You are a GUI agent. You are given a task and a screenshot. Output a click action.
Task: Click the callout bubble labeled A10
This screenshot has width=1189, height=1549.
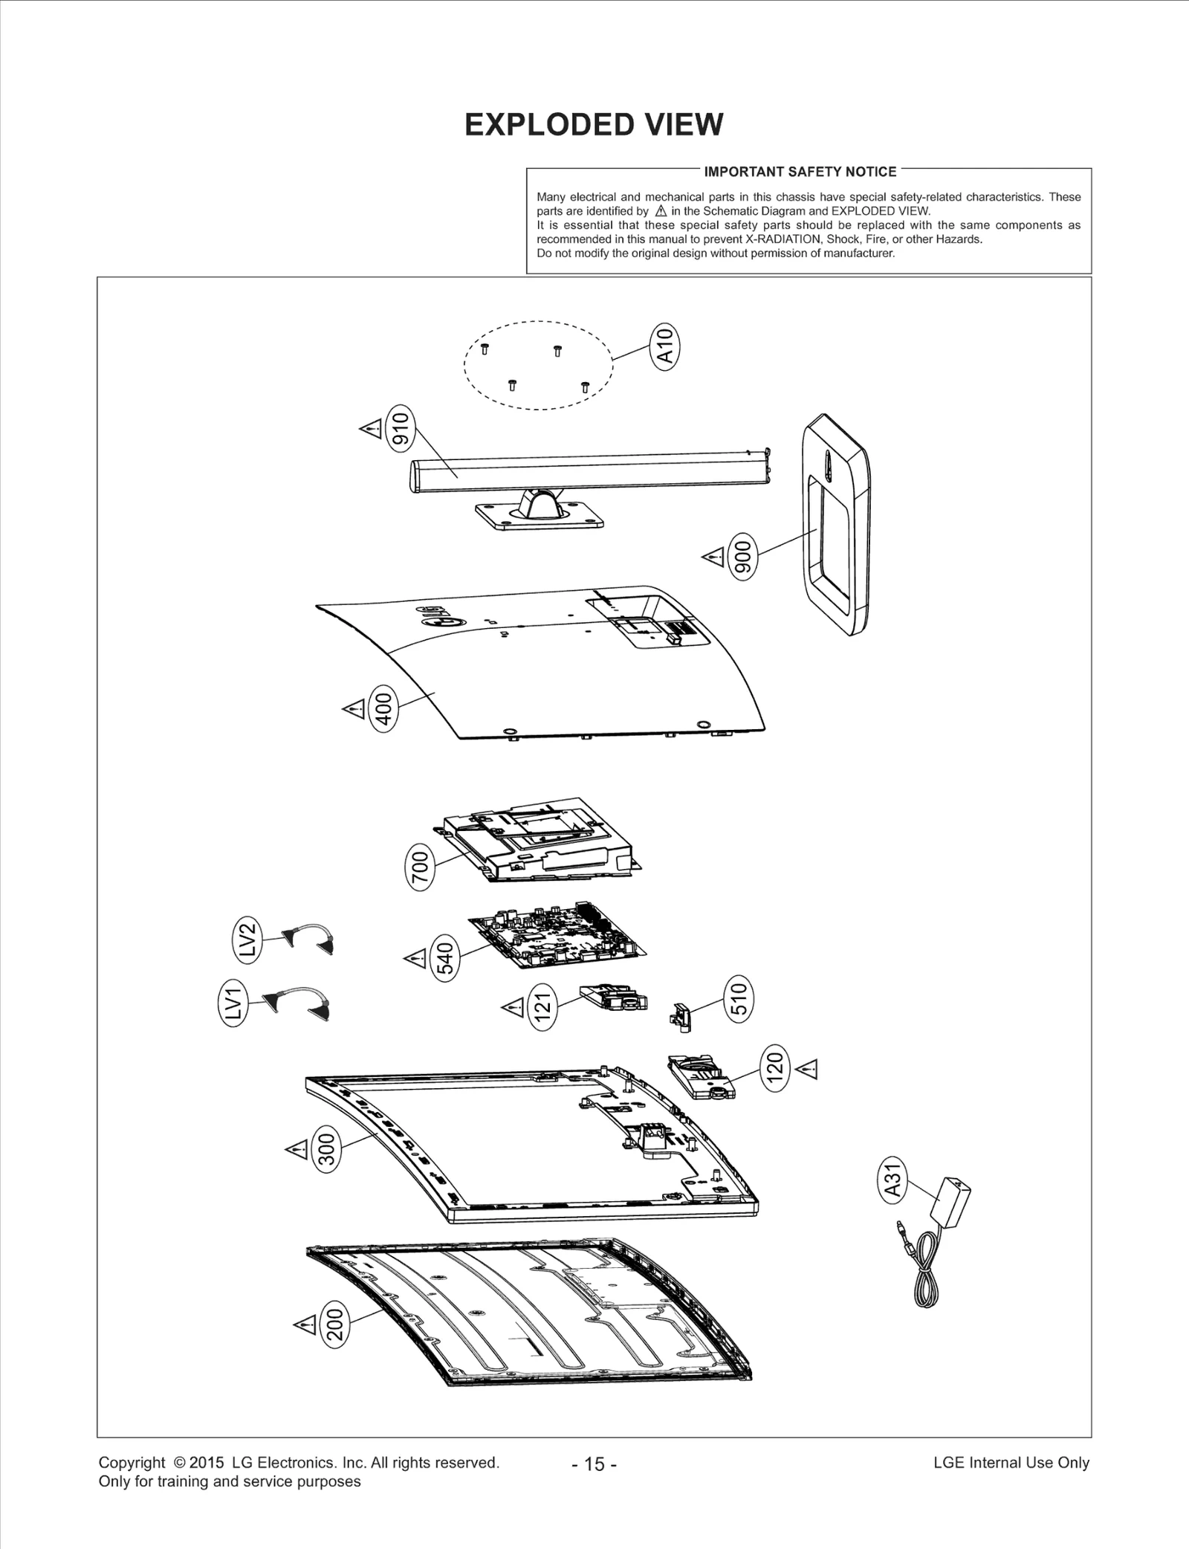tap(665, 345)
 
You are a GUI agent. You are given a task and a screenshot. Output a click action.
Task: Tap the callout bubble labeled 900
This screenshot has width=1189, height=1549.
tap(742, 555)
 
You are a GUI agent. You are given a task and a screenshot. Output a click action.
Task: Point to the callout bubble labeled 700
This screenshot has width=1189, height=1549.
tap(421, 866)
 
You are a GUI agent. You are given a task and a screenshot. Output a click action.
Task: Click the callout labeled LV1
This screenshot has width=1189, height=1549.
tap(233, 1002)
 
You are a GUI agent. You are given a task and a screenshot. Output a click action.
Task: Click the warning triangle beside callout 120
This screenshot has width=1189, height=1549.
tap(807, 1069)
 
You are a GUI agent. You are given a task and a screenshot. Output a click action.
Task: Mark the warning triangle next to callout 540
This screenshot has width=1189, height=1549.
tap(415, 958)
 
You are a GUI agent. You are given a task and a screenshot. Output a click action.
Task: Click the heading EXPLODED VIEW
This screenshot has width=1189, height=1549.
tap(594, 124)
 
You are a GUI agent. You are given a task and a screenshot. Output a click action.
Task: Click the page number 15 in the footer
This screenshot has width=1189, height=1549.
tap(594, 1464)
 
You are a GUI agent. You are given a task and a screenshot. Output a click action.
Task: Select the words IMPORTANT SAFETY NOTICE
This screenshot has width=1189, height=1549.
tap(800, 172)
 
